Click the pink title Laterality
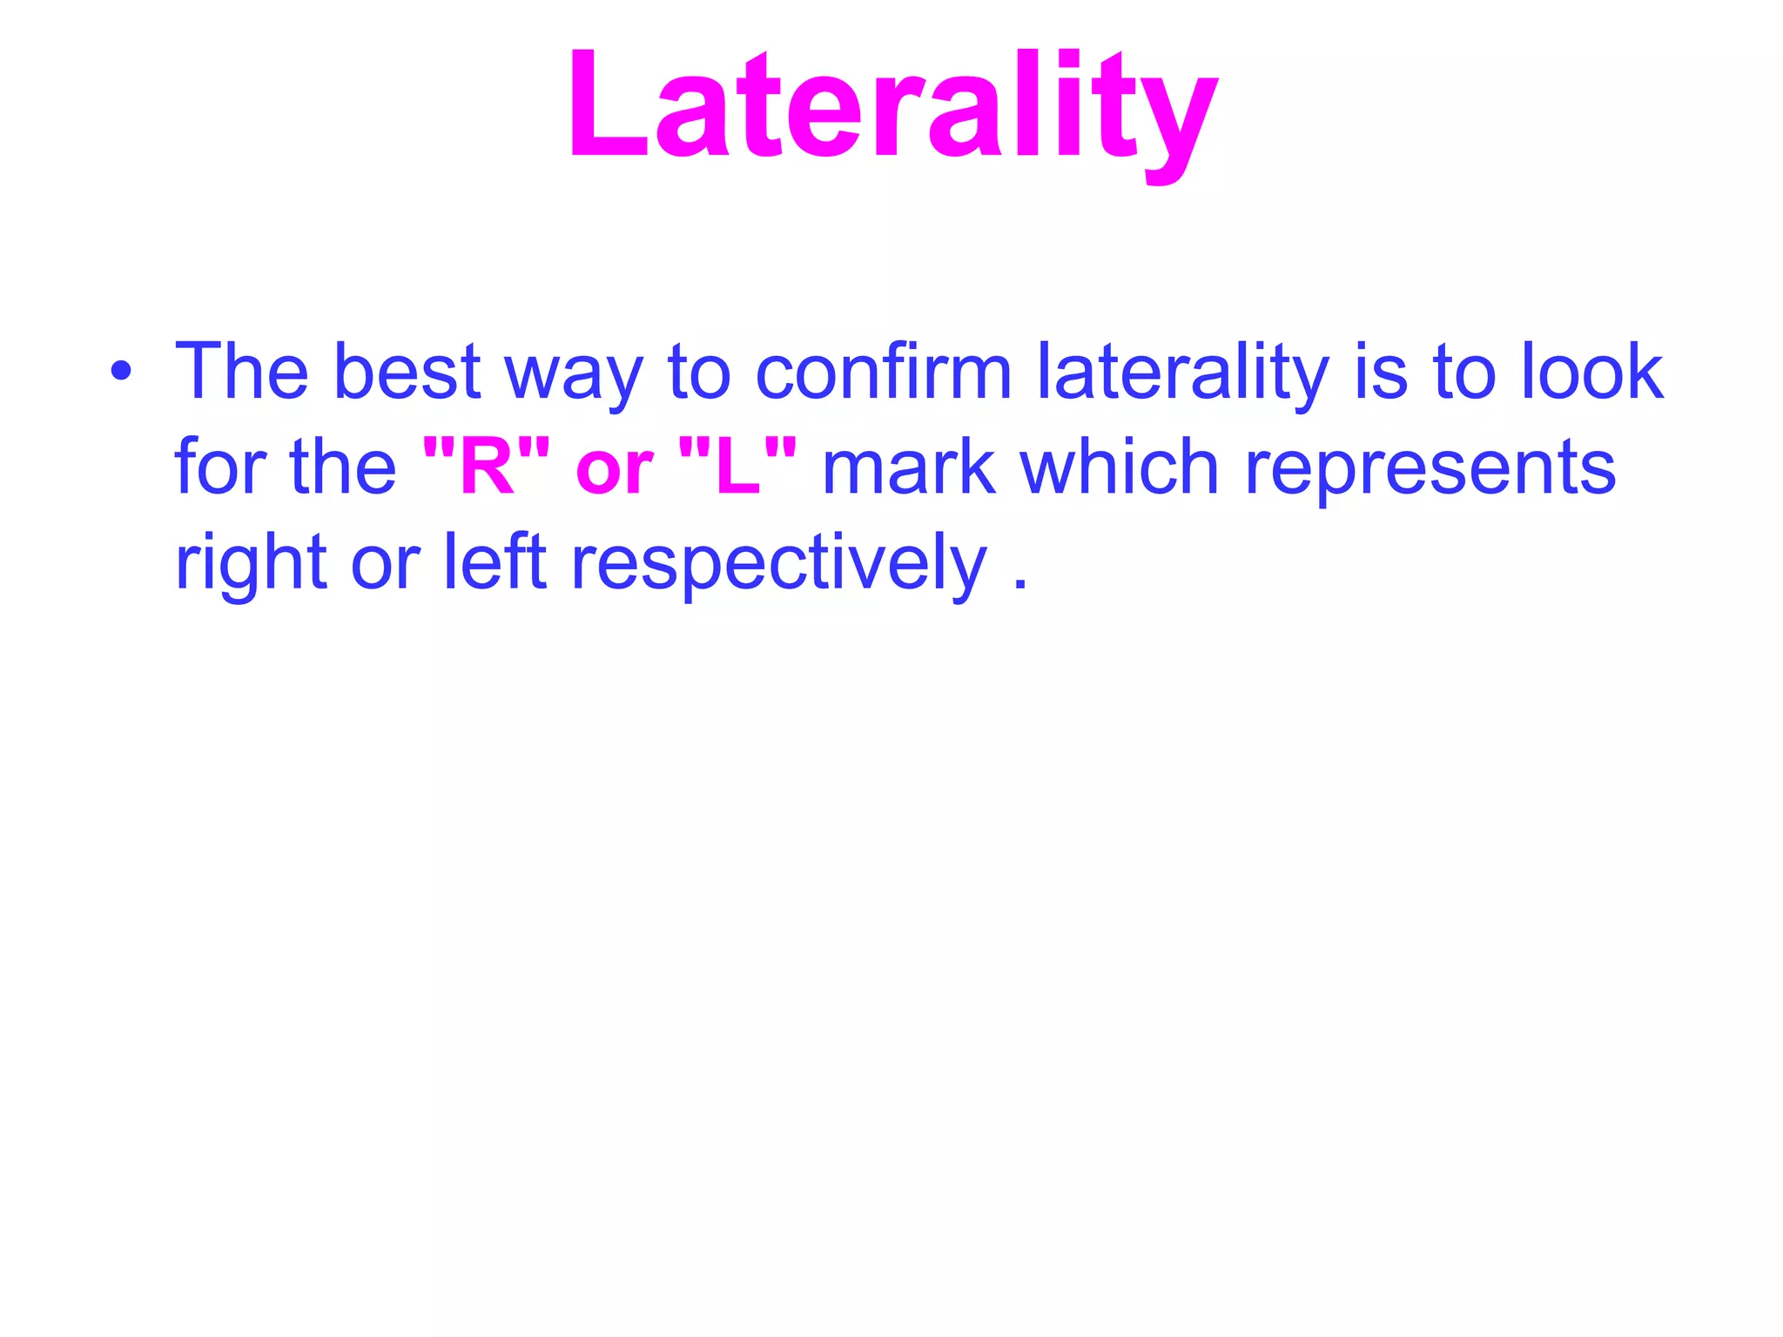[891, 109]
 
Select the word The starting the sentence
[241, 372]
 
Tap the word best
[407, 372]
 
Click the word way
[574, 379]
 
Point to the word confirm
[883, 372]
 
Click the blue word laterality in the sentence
[1182, 374]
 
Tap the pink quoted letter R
[486, 468]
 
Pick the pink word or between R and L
[613, 470]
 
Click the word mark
[908, 468]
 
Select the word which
[1120, 467]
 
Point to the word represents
[1430, 470]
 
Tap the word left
[494, 561]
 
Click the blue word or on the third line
[385, 566]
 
